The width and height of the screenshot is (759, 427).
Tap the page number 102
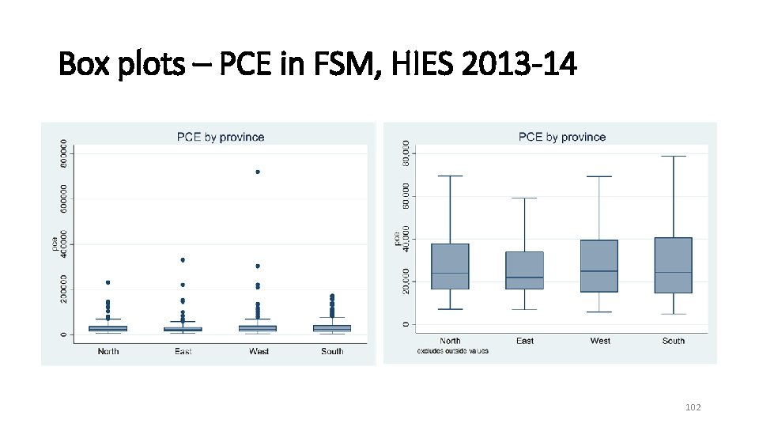coord(693,407)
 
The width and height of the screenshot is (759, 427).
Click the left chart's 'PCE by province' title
coord(220,137)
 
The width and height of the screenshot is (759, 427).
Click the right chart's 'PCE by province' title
coord(562,137)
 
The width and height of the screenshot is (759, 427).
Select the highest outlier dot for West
coord(258,172)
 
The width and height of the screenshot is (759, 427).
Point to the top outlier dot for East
coord(183,259)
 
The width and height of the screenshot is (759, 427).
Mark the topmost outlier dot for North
coord(108,282)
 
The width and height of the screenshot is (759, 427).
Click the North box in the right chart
coord(450,266)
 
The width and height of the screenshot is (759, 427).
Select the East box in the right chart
coord(524,270)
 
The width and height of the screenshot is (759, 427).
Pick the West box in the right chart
coord(599,266)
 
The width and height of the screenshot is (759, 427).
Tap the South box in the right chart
coord(673,265)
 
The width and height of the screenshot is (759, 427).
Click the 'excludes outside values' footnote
coord(453,351)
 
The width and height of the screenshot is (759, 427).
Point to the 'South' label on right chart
coord(674,341)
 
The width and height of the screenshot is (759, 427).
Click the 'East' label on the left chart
coord(183,351)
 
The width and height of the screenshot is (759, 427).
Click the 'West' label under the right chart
coord(600,341)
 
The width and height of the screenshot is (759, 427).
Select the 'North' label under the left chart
coord(108,351)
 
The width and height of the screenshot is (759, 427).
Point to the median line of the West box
coord(599,271)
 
